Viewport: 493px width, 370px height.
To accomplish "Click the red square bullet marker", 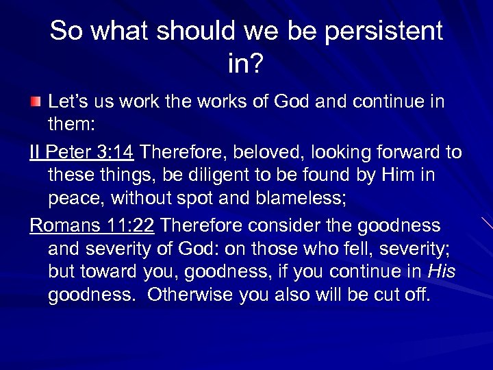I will tap(35, 103).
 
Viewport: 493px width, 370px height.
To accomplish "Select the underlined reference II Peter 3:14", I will tap(82, 151).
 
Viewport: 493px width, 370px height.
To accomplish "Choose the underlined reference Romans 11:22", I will tap(92, 225).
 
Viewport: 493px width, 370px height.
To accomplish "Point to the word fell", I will tap(352, 249).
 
